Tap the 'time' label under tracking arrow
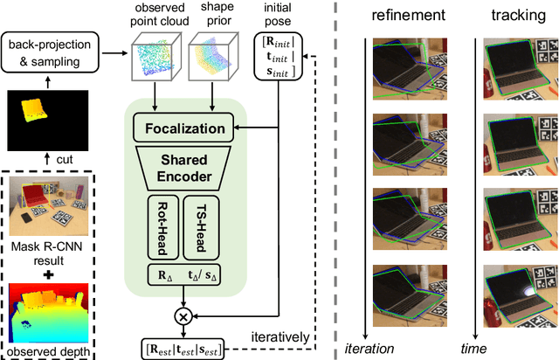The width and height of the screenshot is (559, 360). pyautogui.click(x=474, y=349)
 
